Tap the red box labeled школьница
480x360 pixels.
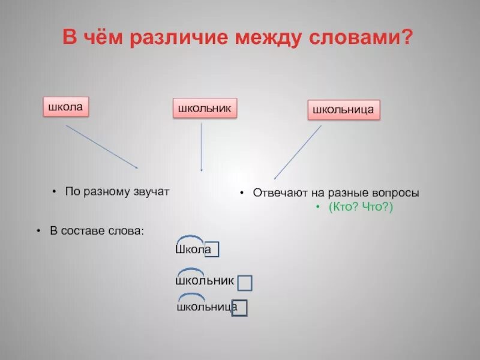pyautogui.click(x=344, y=110)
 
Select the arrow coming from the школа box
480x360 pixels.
pyautogui.click(x=102, y=146)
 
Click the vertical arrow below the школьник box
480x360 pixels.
pyautogui.click(x=202, y=147)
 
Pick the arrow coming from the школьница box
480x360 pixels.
pyautogui.click(x=298, y=152)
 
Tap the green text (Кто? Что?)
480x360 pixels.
pyautogui.click(x=360, y=206)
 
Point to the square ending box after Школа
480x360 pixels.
pyautogui.click(x=212, y=249)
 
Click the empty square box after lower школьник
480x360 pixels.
pyautogui.click(x=244, y=283)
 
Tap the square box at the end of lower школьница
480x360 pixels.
pyautogui.click(x=240, y=307)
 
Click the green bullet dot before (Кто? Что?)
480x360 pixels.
pyautogui.click(x=319, y=206)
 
